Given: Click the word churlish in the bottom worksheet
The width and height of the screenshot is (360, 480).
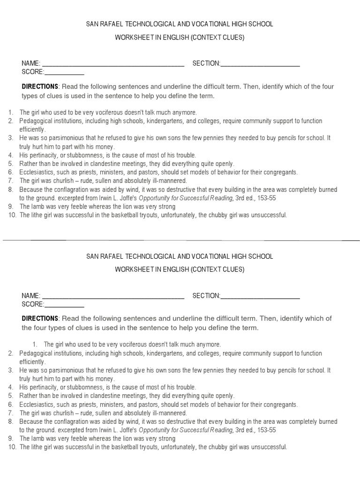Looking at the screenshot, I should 63,413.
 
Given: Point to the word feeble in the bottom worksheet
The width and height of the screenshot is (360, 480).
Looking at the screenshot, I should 72,439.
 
